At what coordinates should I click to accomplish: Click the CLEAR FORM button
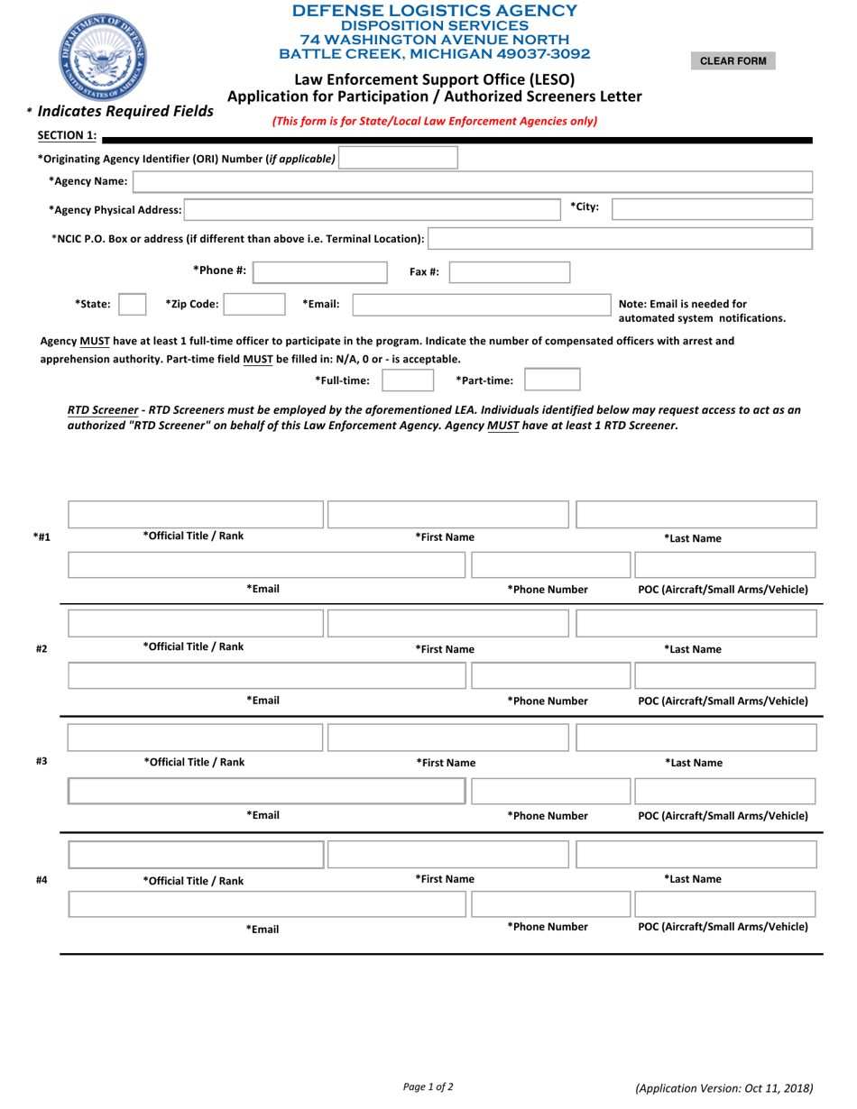[733, 61]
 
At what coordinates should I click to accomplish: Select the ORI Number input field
[398, 159]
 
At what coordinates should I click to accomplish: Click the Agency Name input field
[473, 182]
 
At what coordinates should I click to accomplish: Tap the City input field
[712, 209]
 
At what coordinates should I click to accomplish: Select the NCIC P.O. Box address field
[620, 238]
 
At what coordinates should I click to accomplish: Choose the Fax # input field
[509, 271]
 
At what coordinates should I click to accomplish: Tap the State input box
[133, 305]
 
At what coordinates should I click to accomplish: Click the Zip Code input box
[255, 305]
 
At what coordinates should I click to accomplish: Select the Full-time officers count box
[410, 380]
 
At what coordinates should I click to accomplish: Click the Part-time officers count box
[552, 380]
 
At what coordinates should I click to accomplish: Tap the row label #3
[41, 761]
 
